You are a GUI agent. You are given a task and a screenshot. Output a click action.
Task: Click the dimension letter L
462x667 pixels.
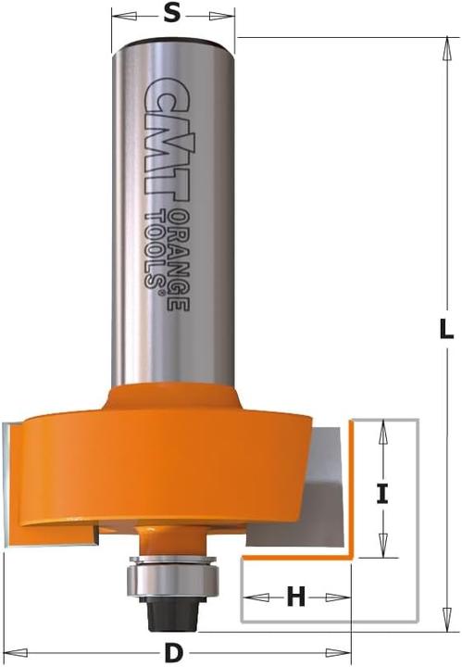click(445, 328)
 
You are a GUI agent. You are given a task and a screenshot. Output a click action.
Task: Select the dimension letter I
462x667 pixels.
click(381, 493)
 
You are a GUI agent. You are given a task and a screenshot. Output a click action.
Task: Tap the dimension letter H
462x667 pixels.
click(295, 598)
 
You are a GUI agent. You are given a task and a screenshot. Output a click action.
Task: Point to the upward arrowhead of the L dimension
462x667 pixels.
click(445, 44)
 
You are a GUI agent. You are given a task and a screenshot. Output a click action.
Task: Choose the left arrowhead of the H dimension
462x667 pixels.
click(249, 598)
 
